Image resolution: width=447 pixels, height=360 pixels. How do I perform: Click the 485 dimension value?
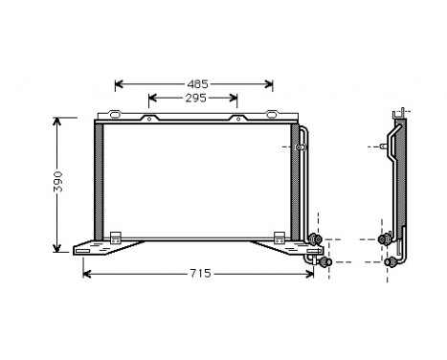pos(196,84)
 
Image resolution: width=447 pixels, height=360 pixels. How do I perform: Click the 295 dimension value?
pos(195,98)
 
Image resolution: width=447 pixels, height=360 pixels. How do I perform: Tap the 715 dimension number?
pos(198,274)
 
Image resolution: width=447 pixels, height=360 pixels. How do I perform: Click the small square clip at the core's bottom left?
pos(115,236)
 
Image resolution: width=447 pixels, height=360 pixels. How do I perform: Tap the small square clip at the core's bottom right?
pos(279,236)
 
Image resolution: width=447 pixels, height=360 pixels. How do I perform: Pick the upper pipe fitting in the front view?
pos(317,239)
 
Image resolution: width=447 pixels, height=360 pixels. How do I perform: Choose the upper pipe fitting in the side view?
pos(385,238)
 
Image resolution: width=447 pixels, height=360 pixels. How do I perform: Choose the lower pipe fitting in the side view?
pos(391,260)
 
